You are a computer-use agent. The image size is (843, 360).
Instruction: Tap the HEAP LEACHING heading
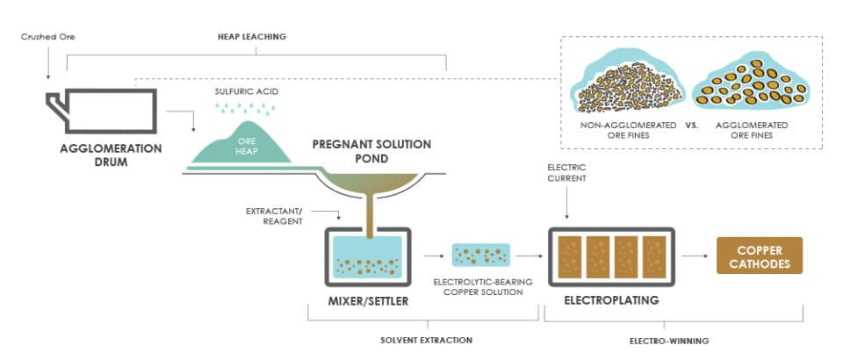tap(253, 37)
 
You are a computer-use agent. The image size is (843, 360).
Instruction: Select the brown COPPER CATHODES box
tap(760, 256)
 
